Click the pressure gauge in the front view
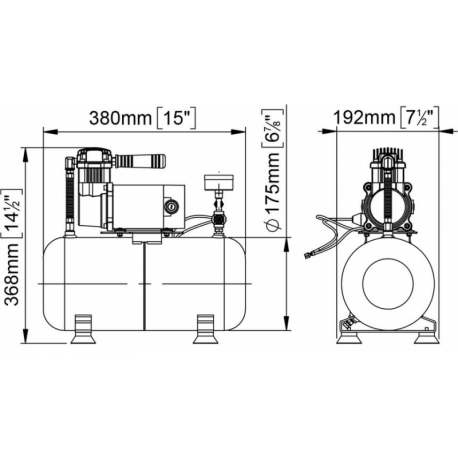(215, 186)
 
